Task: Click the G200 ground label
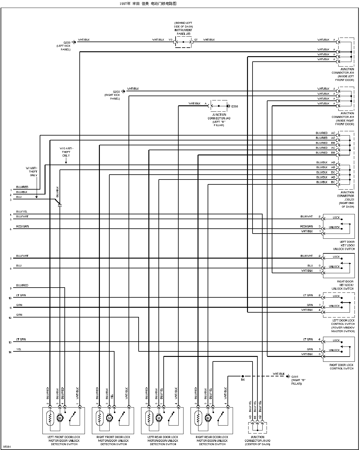point(67,42)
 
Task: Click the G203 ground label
point(116,92)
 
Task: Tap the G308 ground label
point(235,107)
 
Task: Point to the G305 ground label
point(295,376)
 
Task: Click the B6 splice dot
point(243,376)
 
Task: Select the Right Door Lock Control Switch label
point(341,367)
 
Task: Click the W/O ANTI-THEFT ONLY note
point(66,152)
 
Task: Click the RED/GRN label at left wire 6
point(23,227)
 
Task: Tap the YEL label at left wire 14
point(19,349)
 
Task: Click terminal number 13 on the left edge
point(10,343)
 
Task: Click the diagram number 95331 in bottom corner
point(6,447)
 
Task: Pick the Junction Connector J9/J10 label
point(257,441)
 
